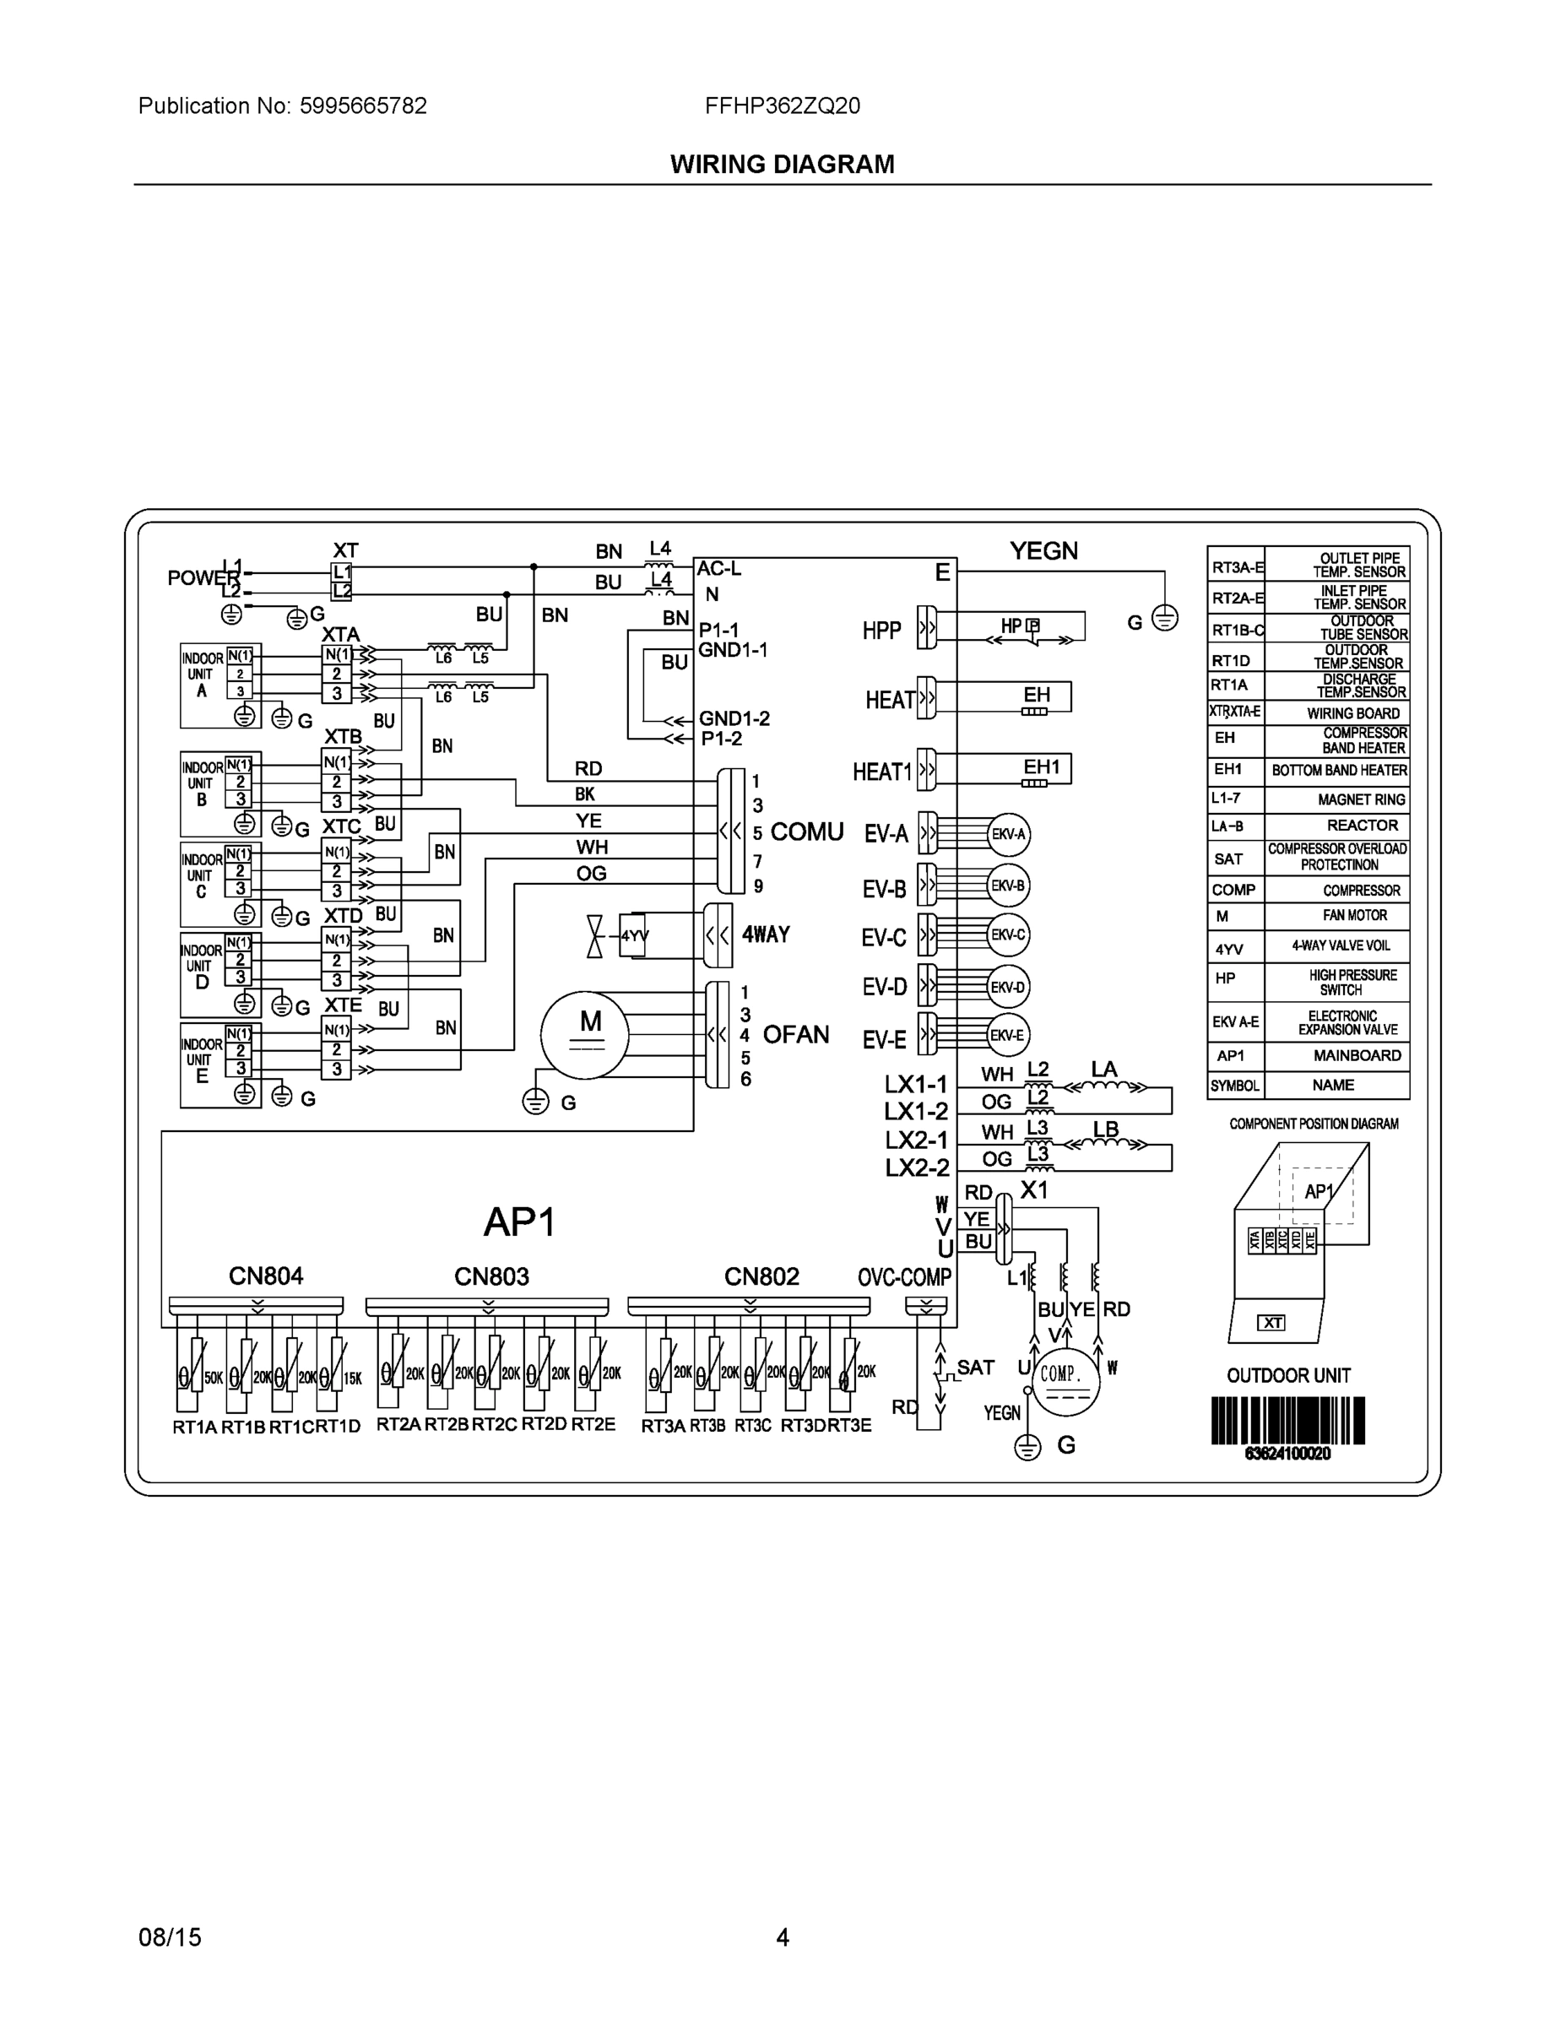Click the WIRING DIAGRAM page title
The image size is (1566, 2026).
point(782,165)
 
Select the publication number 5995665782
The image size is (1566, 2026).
point(363,106)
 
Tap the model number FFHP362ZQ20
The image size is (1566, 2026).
point(782,106)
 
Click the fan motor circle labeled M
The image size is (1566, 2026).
point(585,1035)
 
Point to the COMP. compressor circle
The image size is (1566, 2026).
point(1065,1381)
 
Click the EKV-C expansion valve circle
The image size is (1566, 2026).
point(1007,934)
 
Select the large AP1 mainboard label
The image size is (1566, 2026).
point(518,1222)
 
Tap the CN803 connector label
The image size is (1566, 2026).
point(490,1276)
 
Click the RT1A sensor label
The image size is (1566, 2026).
point(194,1427)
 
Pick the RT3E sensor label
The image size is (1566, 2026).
point(850,1425)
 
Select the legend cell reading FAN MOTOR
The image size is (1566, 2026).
point(1354,915)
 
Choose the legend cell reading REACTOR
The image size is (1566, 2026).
point(1361,825)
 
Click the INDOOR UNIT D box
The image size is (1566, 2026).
point(203,967)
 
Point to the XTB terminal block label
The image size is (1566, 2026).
point(343,737)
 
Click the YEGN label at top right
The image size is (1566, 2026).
point(1043,551)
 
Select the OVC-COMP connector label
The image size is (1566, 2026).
point(904,1277)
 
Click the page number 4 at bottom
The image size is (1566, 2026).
point(782,1937)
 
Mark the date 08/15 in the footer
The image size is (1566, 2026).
point(170,1937)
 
